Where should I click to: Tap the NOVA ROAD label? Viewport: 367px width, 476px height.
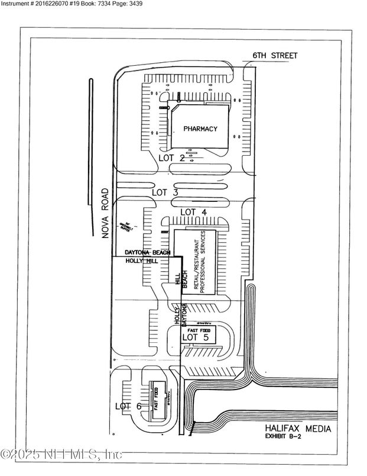coord(105,213)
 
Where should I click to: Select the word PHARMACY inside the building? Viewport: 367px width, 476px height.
coord(200,128)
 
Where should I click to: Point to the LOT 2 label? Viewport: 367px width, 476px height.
coord(172,158)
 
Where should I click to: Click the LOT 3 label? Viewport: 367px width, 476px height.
coord(165,192)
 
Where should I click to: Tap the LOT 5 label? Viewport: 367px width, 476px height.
coord(195,337)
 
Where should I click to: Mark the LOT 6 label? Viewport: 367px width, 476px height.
coord(128,406)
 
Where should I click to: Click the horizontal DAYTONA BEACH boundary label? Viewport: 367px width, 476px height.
coord(147,253)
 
